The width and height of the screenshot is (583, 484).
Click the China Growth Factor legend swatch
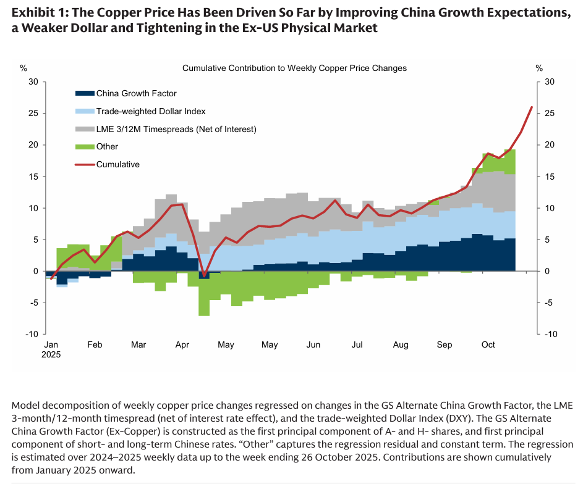(84, 94)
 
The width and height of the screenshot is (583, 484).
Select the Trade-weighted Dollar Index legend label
(151, 111)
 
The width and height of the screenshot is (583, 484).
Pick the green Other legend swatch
(84, 147)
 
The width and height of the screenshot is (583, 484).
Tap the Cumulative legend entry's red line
(84, 165)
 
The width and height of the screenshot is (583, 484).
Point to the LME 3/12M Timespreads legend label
(176, 129)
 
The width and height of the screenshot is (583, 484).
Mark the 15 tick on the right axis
(549, 177)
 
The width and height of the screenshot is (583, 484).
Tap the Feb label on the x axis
(95, 344)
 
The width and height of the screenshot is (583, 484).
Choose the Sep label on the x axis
(445, 344)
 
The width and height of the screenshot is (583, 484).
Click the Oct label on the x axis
(488, 344)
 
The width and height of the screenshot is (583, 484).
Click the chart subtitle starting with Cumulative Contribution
(294, 68)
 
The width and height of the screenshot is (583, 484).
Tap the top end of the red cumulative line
(532, 107)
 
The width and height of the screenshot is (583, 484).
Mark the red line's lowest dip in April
(204, 276)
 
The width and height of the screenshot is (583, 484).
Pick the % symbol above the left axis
(23, 68)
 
